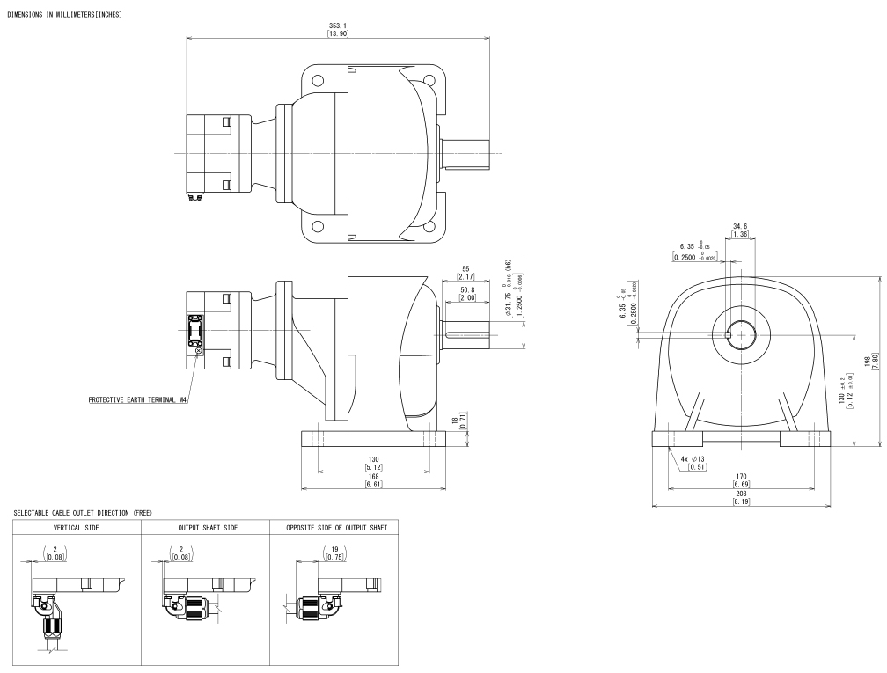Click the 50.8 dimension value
[465, 293]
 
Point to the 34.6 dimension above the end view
[739, 230]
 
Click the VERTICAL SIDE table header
[75, 528]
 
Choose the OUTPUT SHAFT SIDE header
[204, 528]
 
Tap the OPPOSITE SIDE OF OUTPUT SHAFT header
[334, 528]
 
